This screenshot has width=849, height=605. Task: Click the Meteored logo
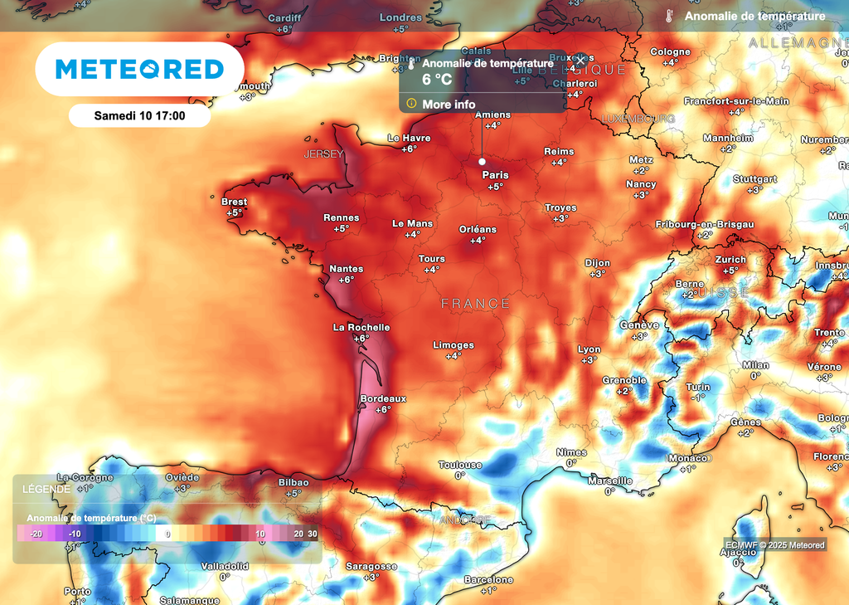(x=139, y=69)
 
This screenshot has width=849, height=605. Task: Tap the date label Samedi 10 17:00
(x=139, y=115)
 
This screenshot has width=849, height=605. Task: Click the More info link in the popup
(x=449, y=105)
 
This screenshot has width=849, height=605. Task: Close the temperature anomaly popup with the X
(x=581, y=60)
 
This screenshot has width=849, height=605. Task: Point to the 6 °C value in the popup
(x=437, y=81)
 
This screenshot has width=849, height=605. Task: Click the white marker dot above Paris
(x=482, y=162)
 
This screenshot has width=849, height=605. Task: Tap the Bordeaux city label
(x=383, y=399)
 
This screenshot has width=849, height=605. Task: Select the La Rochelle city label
(x=361, y=328)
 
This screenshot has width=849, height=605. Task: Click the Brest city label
(x=234, y=202)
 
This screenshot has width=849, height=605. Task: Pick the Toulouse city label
(x=460, y=466)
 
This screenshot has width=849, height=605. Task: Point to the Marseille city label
(x=609, y=481)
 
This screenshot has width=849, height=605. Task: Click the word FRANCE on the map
(x=476, y=304)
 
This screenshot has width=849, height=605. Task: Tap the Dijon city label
(x=597, y=263)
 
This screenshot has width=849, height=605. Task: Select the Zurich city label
(x=730, y=260)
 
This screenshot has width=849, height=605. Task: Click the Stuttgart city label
(x=754, y=179)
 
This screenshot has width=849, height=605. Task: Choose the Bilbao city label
(x=294, y=482)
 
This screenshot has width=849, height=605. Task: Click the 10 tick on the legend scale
(x=260, y=534)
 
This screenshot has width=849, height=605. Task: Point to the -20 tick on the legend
(x=36, y=534)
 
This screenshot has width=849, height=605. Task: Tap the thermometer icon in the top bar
(x=668, y=16)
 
